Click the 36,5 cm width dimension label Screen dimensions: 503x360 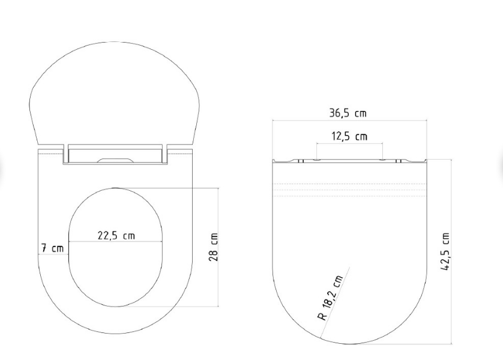pyautogui.click(x=348, y=113)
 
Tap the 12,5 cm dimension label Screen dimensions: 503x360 pyautogui.click(x=349, y=136)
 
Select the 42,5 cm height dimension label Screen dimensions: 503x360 pyautogui.click(x=445, y=251)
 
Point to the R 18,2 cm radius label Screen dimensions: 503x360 pyautogui.click(x=331, y=298)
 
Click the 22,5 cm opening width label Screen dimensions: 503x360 pyautogui.click(x=116, y=236)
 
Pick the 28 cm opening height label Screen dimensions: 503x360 pyautogui.click(x=213, y=247)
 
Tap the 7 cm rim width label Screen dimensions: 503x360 pyautogui.click(x=52, y=248)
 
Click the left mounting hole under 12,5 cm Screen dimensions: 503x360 pyautogui.click(x=316, y=160)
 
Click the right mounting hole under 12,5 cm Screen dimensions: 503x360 pyautogui.click(x=382, y=160)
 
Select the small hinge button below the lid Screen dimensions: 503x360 pyautogui.click(x=115, y=160)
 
